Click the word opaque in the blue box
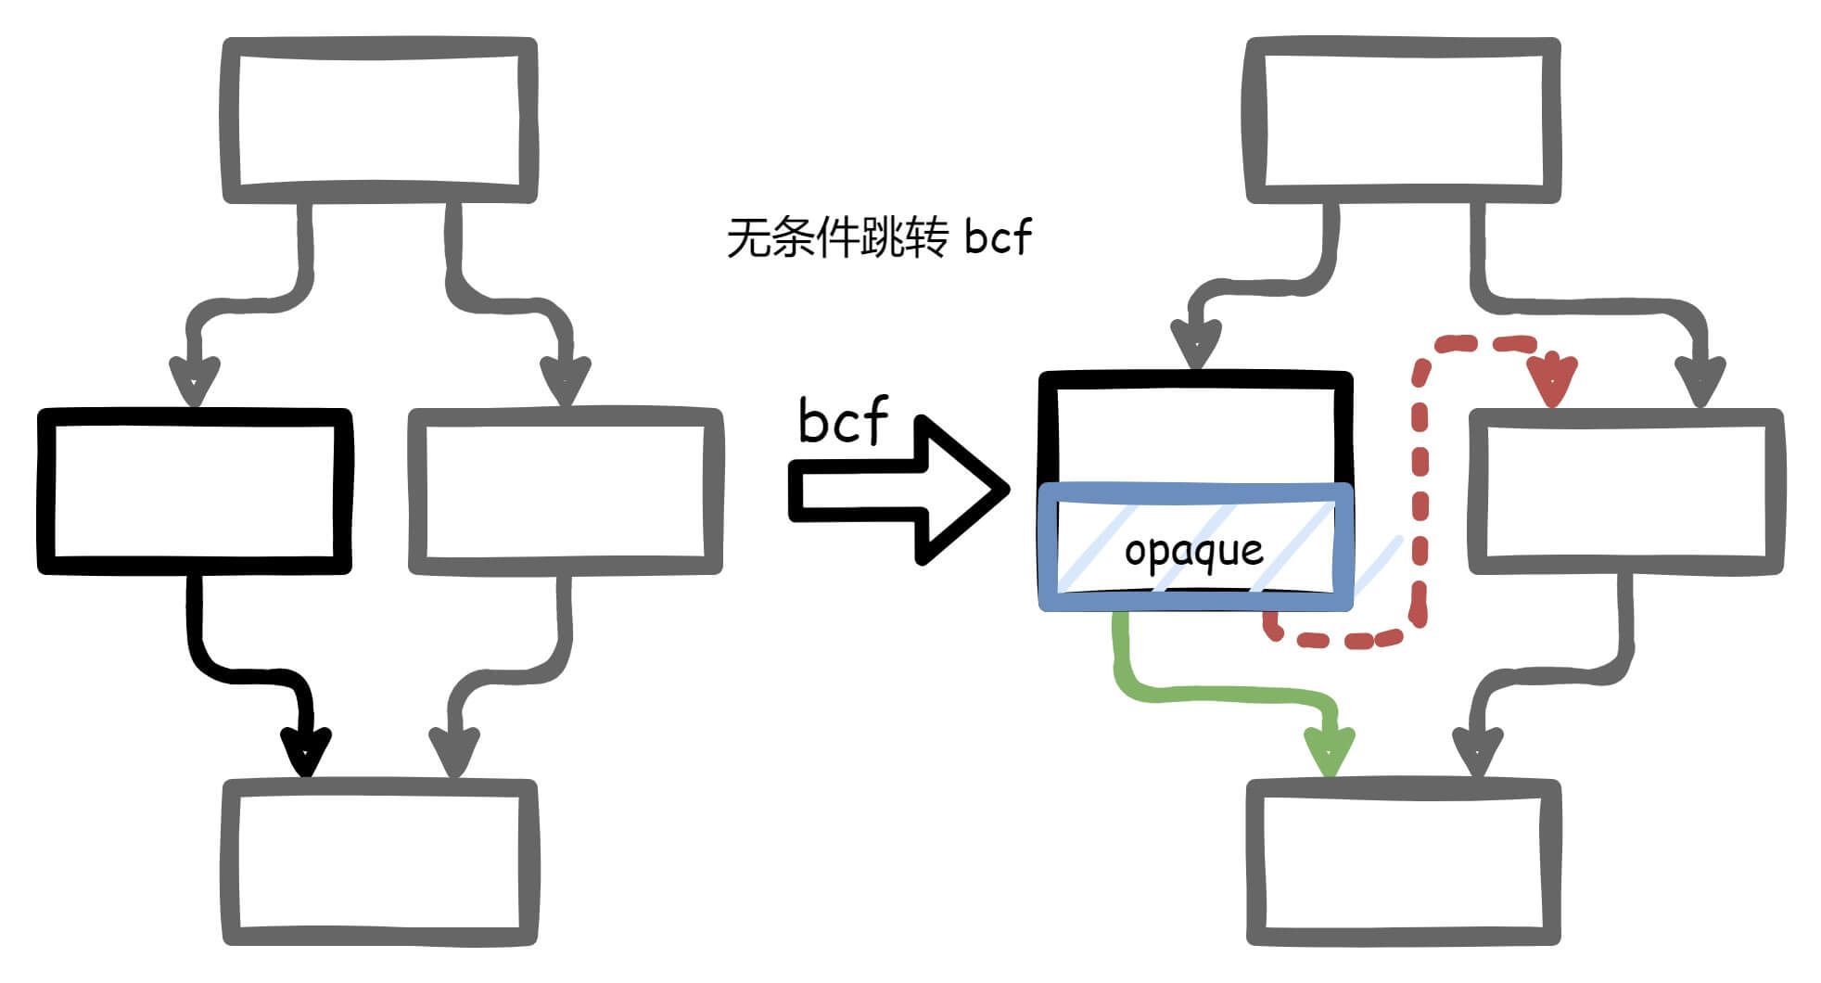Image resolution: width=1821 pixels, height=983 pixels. (x=1193, y=552)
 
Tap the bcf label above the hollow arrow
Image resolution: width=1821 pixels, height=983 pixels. (x=842, y=420)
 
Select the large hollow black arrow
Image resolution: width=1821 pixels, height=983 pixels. (x=899, y=490)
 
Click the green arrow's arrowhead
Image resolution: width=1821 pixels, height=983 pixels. (x=1330, y=749)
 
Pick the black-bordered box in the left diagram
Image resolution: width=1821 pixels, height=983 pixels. (x=194, y=491)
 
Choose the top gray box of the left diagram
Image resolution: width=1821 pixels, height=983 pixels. (x=379, y=120)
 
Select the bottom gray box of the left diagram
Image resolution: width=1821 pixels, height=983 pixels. (x=379, y=862)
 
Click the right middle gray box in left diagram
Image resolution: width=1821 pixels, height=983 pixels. (x=565, y=491)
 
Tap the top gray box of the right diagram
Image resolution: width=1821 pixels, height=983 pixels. (x=1403, y=120)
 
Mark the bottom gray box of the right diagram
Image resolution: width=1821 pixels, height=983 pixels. (x=1403, y=862)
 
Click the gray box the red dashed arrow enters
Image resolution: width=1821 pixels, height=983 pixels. (x=1625, y=491)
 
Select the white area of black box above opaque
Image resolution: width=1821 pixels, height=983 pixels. (x=1195, y=435)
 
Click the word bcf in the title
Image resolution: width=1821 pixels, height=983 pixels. (x=997, y=236)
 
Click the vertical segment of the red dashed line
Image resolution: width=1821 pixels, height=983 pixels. (x=1420, y=491)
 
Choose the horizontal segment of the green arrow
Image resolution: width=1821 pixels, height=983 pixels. (x=1224, y=694)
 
